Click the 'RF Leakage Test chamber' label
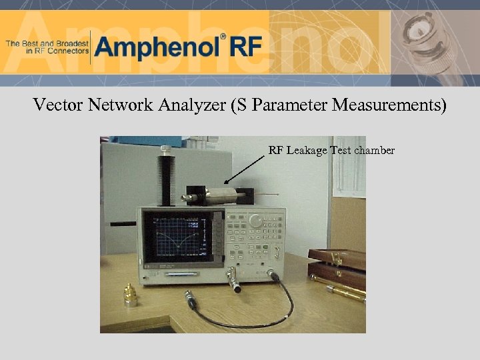331,151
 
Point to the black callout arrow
245,169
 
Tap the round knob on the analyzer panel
255,220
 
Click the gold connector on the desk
130,295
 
